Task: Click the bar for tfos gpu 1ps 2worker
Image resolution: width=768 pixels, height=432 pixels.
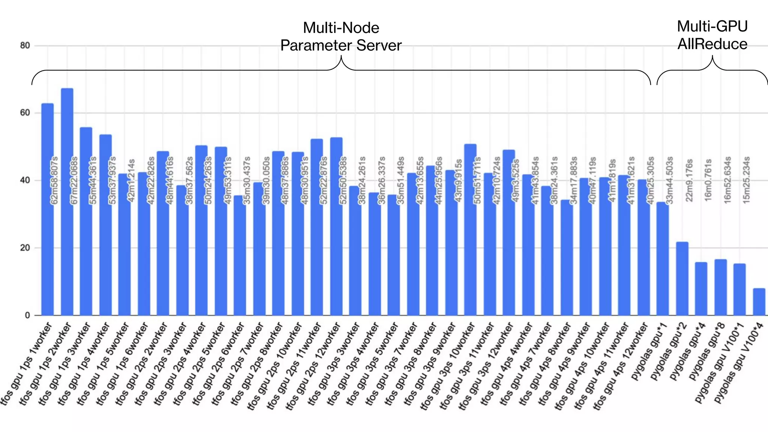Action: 67,202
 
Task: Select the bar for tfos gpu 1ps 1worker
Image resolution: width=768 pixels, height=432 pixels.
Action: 48,210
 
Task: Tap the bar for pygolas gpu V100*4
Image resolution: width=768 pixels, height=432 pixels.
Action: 759,302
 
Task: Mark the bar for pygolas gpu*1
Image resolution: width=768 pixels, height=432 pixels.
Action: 663,259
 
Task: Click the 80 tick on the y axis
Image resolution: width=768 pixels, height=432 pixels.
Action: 25,46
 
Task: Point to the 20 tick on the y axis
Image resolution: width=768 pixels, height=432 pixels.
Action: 25,248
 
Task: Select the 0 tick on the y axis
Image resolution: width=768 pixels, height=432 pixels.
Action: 27,315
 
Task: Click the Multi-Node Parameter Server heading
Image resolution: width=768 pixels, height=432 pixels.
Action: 341,37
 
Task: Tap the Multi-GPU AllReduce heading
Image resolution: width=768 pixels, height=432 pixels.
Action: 712,35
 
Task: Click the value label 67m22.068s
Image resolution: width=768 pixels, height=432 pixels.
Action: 74,180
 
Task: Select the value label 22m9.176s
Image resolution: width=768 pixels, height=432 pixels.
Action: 689,180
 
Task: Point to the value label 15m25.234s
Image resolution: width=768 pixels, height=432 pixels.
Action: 747,180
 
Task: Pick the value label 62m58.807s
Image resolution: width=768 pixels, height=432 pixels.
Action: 55,180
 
